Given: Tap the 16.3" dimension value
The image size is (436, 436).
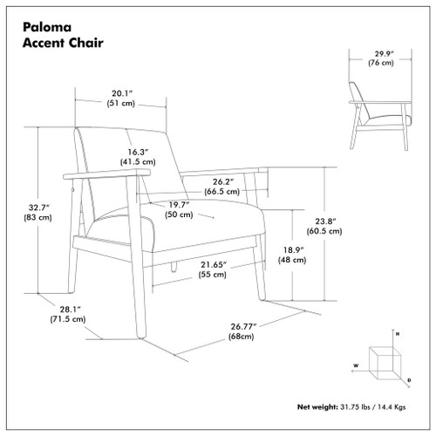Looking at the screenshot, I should point(138,149).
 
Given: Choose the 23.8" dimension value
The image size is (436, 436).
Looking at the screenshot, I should point(326,221).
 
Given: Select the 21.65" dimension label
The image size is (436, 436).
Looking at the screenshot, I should point(212,263).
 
